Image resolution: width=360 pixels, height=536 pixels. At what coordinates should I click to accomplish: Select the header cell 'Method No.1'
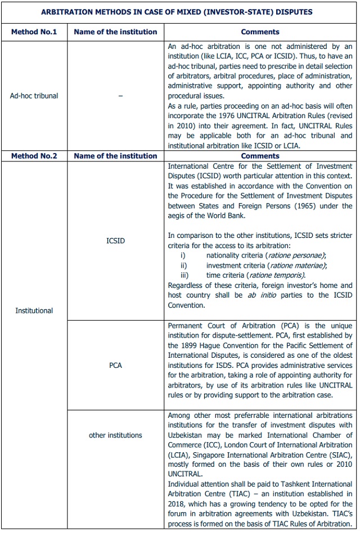[x=34, y=32]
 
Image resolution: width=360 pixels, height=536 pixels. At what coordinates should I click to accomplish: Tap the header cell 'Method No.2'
[x=34, y=156]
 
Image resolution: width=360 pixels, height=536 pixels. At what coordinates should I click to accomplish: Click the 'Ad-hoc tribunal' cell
[x=34, y=96]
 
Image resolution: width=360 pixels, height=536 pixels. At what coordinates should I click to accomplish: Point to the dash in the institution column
[x=120, y=96]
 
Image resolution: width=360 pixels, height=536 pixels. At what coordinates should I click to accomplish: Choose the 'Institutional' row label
[x=34, y=310]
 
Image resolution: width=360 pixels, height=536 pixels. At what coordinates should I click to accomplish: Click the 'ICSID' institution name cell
[x=115, y=241]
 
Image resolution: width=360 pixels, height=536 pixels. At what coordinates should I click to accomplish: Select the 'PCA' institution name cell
[x=115, y=366]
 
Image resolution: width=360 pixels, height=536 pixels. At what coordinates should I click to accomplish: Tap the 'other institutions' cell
[x=115, y=435]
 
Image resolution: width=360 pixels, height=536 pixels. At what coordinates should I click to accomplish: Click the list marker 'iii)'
[x=184, y=276]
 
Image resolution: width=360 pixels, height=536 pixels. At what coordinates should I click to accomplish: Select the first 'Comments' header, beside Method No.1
[x=260, y=32]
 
